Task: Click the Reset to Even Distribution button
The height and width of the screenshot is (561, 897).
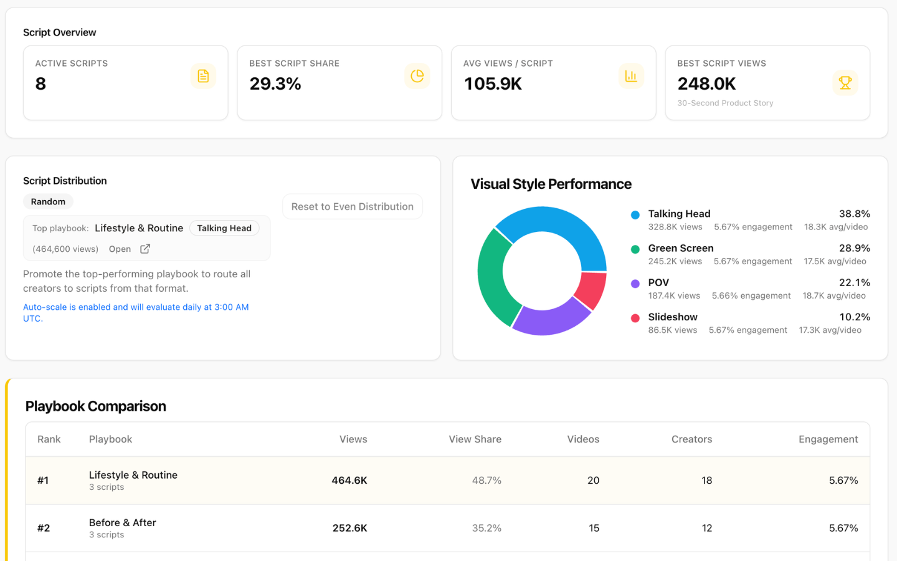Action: pyautogui.click(x=352, y=206)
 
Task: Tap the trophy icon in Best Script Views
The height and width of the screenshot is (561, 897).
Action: pyautogui.click(x=845, y=82)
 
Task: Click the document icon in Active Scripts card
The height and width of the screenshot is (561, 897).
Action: pyautogui.click(x=203, y=76)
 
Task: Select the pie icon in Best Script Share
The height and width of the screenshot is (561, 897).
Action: pyautogui.click(x=417, y=76)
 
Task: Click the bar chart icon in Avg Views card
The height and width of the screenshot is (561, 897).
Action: pyautogui.click(x=631, y=76)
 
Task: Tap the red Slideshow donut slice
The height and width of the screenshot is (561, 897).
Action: pyautogui.click(x=591, y=290)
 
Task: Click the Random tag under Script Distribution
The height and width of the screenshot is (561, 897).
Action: pyautogui.click(x=48, y=201)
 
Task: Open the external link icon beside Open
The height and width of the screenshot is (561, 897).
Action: pyautogui.click(x=145, y=249)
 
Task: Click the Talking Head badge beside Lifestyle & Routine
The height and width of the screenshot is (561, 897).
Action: pyautogui.click(x=224, y=228)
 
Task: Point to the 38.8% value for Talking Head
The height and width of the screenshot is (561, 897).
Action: pyautogui.click(x=854, y=214)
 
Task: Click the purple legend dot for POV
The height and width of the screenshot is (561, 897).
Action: pyautogui.click(x=635, y=284)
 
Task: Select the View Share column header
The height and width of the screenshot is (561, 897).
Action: pyautogui.click(x=475, y=439)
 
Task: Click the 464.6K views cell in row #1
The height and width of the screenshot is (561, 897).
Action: pyautogui.click(x=349, y=481)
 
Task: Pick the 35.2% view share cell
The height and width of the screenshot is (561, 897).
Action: pyautogui.click(x=486, y=528)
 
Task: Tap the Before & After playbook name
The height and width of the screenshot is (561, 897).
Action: pyautogui.click(x=123, y=523)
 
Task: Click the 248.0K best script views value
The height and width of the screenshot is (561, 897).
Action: pyautogui.click(x=706, y=84)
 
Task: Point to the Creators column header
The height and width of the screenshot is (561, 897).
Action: pyautogui.click(x=691, y=439)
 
